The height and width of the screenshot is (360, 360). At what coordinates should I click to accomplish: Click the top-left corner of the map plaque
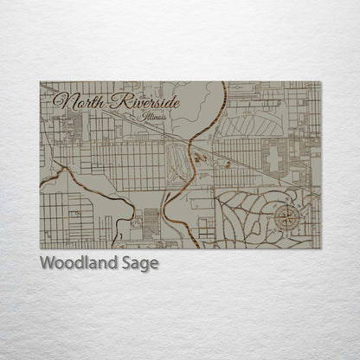point(40,82)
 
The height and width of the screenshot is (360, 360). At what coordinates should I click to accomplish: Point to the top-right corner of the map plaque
point(320,82)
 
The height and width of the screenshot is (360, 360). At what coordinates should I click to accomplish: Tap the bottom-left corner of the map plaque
point(40,248)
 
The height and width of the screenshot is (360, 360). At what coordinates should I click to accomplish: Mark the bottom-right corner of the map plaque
point(320,248)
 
